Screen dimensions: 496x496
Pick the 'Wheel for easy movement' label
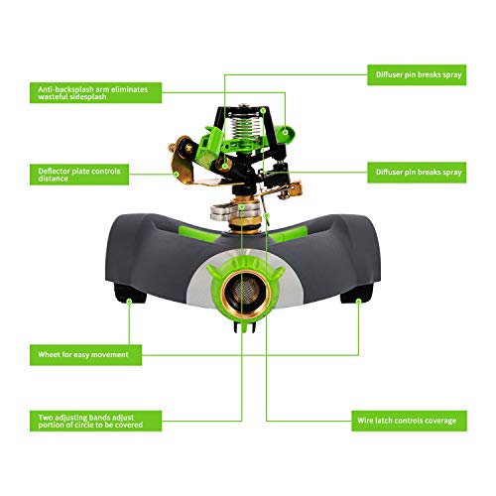[84, 354]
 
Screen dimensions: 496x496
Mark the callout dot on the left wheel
[129, 295]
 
